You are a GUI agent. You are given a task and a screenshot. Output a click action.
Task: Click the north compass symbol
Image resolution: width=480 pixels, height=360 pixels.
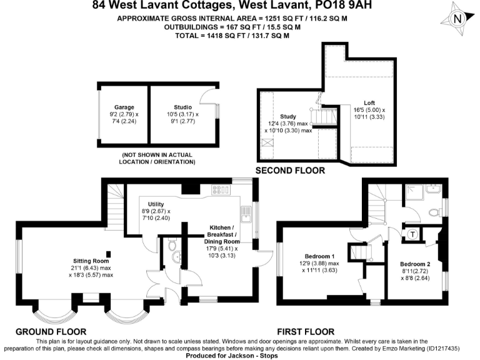[x=458, y=18]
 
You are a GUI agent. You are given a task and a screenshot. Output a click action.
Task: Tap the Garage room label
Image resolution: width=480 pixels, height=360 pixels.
[x=124, y=107]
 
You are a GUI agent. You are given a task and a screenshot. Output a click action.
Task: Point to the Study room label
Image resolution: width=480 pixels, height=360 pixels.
[x=288, y=116]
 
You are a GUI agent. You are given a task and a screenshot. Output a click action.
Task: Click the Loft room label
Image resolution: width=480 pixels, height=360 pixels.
[x=370, y=103]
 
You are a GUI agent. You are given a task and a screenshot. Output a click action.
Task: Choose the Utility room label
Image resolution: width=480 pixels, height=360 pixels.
[x=156, y=204]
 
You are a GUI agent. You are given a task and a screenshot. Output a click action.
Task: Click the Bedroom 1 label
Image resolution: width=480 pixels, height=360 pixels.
[x=319, y=256]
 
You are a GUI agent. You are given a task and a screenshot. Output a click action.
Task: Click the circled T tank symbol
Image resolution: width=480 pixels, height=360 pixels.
[x=412, y=234]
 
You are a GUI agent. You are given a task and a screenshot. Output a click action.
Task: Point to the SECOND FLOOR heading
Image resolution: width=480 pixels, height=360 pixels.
[x=290, y=170]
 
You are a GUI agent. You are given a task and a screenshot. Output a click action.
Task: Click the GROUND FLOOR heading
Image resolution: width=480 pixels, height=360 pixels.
[x=51, y=331]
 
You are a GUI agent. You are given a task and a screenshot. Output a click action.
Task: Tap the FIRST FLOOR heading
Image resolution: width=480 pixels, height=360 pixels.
[x=306, y=331]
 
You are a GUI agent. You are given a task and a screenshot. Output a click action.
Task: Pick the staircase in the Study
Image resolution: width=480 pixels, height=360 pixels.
[x=324, y=117]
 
